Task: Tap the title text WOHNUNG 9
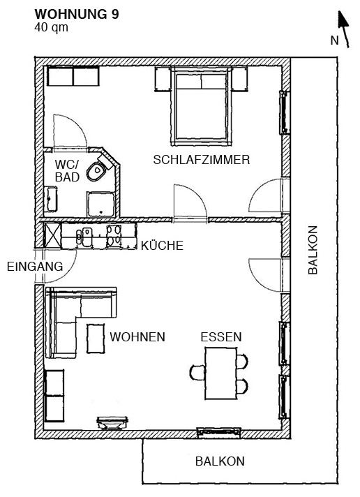pyautogui.click(x=77, y=15)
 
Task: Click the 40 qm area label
pyautogui.click(x=52, y=27)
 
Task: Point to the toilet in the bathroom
pyautogui.click(x=97, y=171)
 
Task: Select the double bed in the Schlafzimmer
pyautogui.click(x=201, y=107)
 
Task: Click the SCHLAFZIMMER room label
pyautogui.click(x=202, y=160)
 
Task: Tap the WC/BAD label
pyautogui.click(x=67, y=171)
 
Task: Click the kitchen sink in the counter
pyautogui.click(x=84, y=237)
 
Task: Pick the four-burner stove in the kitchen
pyautogui.click(x=114, y=236)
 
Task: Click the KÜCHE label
pyautogui.click(x=162, y=246)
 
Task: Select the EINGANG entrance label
pyautogui.click(x=35, y=267)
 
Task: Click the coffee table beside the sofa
pyautogui.click(x=96, y=339)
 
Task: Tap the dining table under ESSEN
pyautogui.click(x=221, y=373)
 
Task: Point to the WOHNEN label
pyautogui.click(x=137, y=337)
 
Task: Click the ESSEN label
pyautogui.click(x=221, y=337)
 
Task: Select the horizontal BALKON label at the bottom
pyautogui.click(x=220, y=461)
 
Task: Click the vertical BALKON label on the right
pyautogui.click(x=313, y=250)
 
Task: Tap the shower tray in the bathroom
pyautogui.click(x=100, y=205)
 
